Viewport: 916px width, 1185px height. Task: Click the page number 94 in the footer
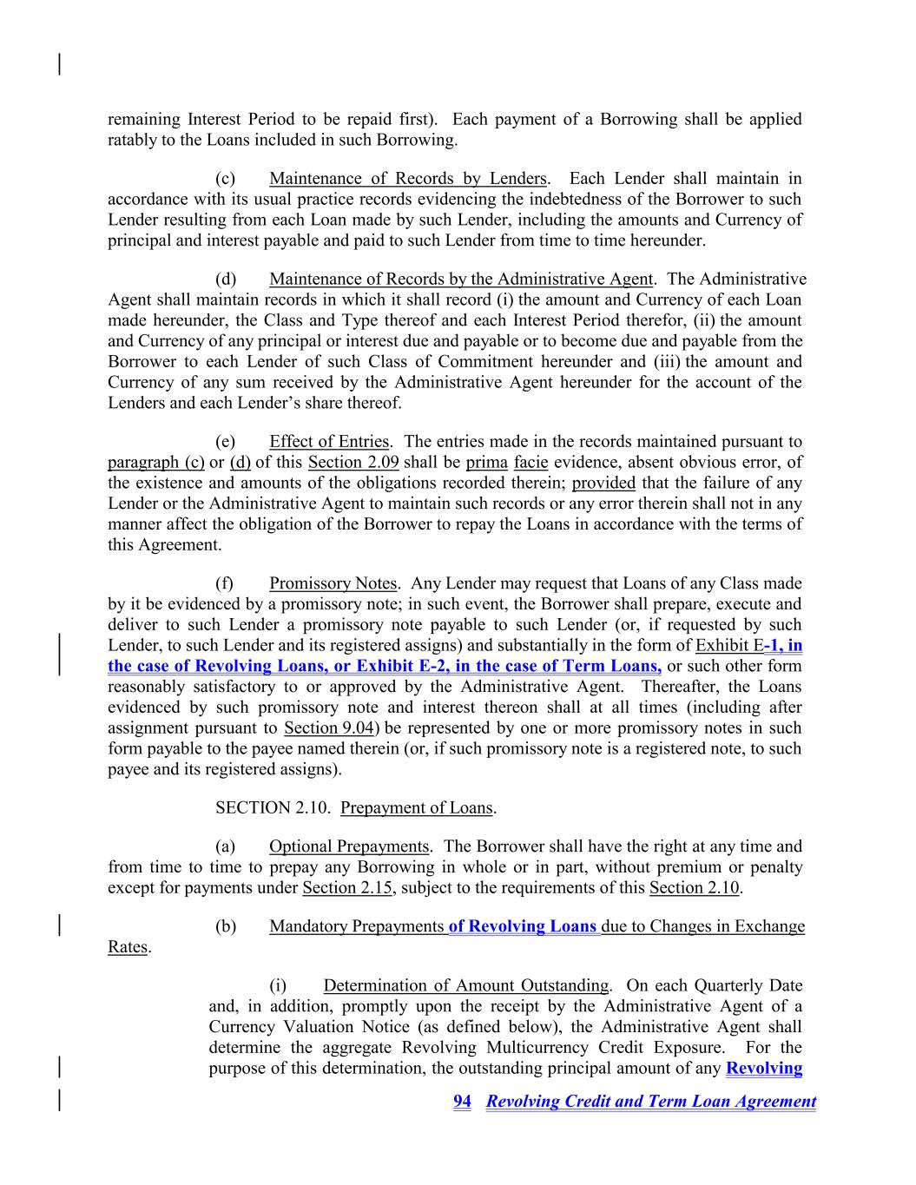(x=462, y=1102)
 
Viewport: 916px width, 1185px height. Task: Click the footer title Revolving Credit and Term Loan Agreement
(x=651, y=1102)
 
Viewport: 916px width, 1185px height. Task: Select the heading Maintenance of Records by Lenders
(x=407, y=179)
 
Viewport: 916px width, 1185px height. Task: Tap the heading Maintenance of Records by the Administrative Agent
(x=460, y=279)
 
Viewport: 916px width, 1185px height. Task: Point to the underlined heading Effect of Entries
(x=329, y=442)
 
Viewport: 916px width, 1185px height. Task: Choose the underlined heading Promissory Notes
(x=333, y=583)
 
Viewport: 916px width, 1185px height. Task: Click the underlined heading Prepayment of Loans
(x=417, y=808)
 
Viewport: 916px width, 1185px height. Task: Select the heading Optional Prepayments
(x=348, y=846)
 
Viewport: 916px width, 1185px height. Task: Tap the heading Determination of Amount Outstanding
(x=465, y=985)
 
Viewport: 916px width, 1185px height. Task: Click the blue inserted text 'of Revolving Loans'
(x=523, y=926)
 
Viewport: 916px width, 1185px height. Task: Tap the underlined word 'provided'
(x=603, y=484)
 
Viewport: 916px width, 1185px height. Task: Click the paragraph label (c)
(x=226, y=179)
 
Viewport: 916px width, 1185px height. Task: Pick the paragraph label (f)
(x=225, y=583)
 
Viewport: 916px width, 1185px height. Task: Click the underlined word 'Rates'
(x=128, y=947)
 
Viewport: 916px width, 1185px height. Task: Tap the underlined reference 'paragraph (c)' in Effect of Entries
(x=156, y=463)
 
